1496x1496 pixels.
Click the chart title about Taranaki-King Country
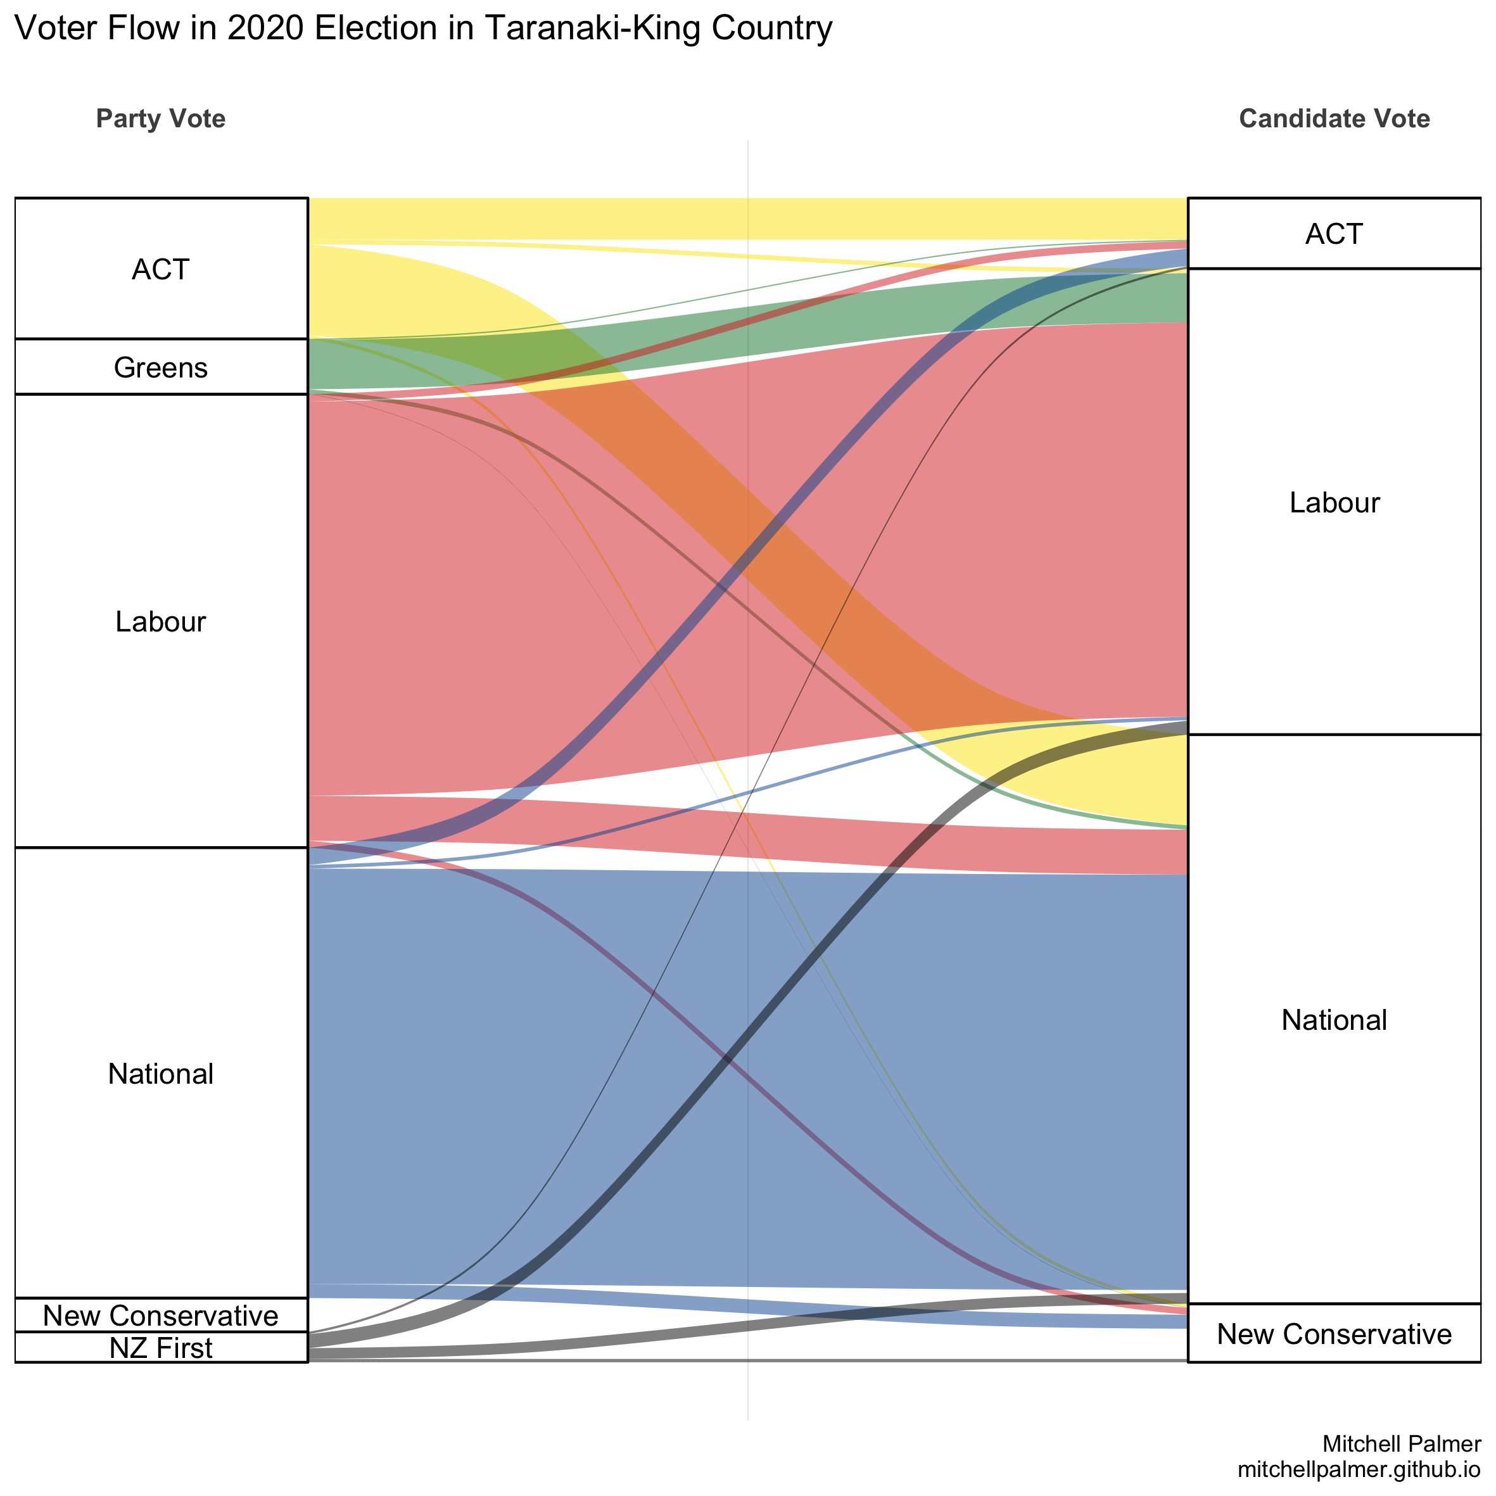click(x=423, y=29)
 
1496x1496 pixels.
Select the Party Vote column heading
click(x=160, y=118)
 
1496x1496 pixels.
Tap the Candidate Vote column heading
click(x=1333, y=118)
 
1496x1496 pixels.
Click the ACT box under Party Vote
click(x=160, y=269)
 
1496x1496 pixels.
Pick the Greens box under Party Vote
click(x=160, y=367)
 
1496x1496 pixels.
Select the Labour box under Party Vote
click(x=160, y=621)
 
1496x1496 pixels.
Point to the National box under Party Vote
click(x=160, y=1073)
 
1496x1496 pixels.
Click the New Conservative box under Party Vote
click(x=160, y=1315)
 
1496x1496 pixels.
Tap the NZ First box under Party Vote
click(x=160, y=1348)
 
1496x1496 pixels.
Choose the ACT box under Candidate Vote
click(x=1333, y=233)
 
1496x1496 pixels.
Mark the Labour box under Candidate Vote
click(x=1333, y=502)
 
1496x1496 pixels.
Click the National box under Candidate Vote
click(x=1333, y=1020)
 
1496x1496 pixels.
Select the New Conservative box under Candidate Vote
click(x=1333, y=1333)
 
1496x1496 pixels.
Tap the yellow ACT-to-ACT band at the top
click(x=747, y=219)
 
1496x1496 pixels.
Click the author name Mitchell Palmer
click(x=1402, y=1443)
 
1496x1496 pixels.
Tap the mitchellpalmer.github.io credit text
click(x=1359, y=1469)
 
